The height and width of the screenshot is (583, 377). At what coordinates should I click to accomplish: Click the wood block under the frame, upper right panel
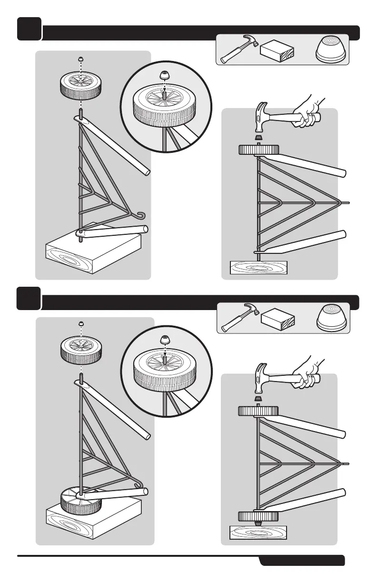pyautogui.click(x=258, y=268)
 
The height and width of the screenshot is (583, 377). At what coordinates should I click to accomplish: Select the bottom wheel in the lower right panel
pyautogui.click(x=258, y=516)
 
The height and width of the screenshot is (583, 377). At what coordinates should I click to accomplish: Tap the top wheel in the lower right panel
pyautogui.click(x=258, y=411)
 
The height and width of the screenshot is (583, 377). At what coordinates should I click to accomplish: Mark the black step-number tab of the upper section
pyautogui.click(x=29, y=29)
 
